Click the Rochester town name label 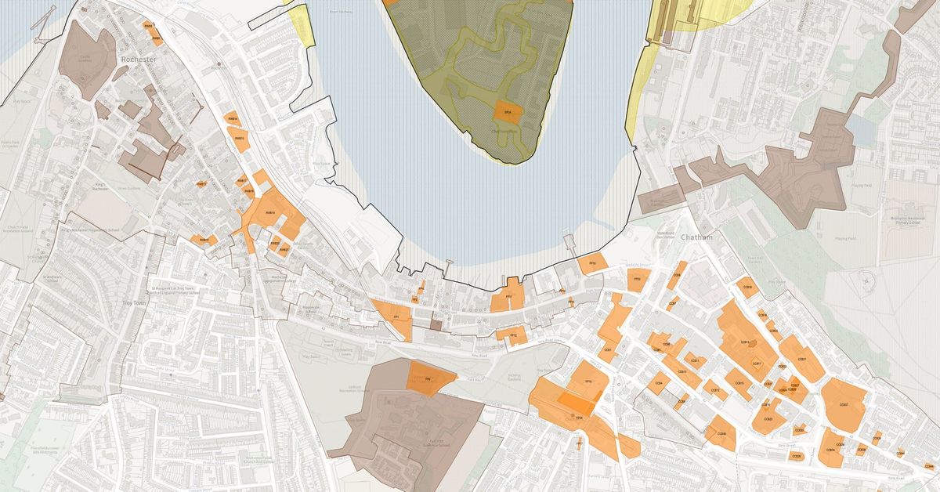point(140,59)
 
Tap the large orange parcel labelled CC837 point(844,404)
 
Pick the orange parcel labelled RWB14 point(233,118)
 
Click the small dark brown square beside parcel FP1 point(435,323)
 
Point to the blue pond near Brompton point(863,132)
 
